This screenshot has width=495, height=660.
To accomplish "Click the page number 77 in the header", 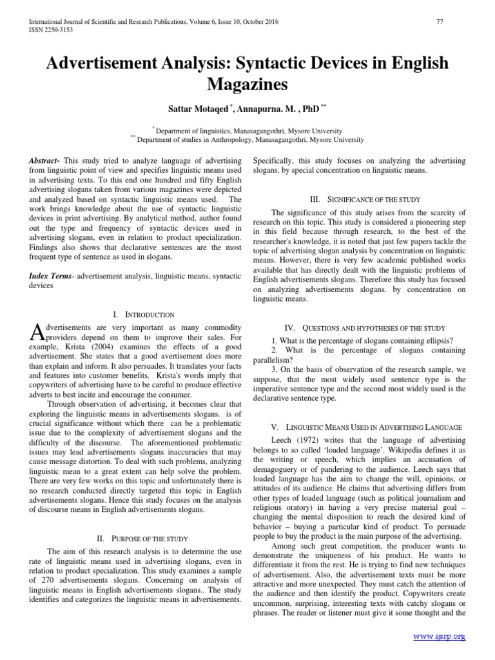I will click(x=440, y=23).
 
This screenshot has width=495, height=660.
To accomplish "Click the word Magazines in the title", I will click(x=247, y=84).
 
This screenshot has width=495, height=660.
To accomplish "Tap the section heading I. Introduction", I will click(x=143, y=315).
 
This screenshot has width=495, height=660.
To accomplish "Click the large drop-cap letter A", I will click(x=36, y=332).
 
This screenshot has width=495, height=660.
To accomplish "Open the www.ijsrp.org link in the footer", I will click(x=439, y=637).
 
